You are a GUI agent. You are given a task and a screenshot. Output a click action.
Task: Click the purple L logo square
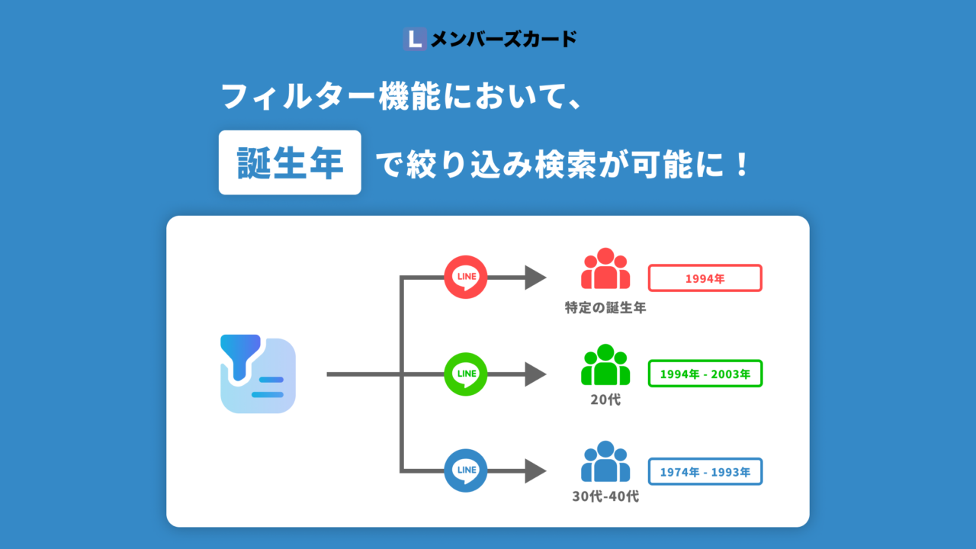415,39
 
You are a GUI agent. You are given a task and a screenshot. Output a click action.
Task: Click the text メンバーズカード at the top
504,39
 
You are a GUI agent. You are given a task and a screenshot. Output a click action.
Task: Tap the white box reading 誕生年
290,162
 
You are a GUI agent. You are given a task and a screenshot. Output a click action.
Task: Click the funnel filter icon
258,374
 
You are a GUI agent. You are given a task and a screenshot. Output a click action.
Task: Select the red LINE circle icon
465,277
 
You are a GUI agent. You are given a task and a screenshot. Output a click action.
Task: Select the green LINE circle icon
465,374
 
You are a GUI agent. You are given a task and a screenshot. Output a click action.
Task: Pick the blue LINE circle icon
465,470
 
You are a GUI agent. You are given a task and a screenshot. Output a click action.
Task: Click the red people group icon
605,268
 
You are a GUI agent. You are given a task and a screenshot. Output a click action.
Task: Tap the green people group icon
605,364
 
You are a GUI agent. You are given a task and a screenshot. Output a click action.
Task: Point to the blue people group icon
605,461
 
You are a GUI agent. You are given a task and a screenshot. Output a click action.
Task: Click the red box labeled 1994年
705,278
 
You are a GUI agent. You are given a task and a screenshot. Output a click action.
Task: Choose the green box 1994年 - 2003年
705,374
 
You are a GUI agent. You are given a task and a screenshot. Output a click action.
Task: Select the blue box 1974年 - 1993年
705,471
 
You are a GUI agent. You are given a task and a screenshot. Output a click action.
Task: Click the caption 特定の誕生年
605,307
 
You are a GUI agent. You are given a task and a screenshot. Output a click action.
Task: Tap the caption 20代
605,400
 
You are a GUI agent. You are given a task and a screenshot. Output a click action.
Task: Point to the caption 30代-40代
605,496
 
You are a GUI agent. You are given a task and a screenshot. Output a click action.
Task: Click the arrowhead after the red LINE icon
535,278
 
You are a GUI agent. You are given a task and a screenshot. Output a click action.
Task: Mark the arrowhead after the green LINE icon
535,374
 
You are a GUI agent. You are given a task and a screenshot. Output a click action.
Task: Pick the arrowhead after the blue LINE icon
535,471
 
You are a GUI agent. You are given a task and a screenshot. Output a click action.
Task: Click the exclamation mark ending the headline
740,164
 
